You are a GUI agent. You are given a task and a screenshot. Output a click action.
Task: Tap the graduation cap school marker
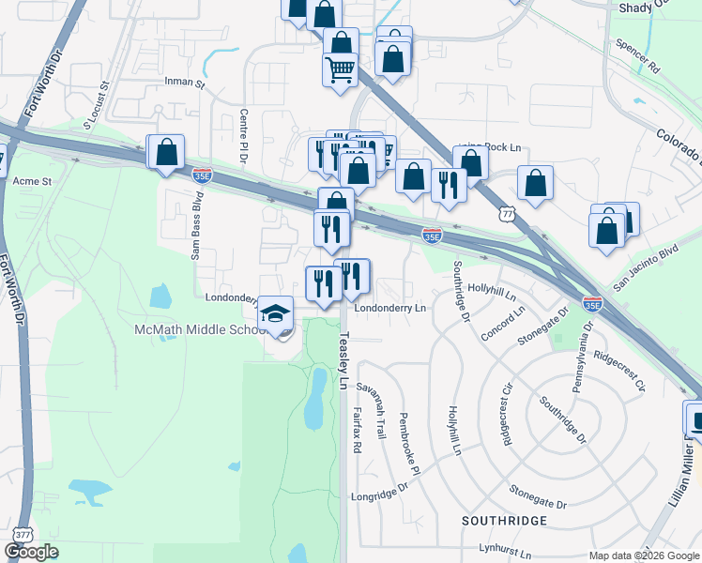coord(275,313)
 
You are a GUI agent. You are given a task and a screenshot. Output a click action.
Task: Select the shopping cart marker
coord(340,69)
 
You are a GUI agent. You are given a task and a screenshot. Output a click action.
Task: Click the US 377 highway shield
coord(15,532)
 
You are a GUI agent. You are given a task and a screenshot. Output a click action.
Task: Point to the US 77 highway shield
coord(508,213)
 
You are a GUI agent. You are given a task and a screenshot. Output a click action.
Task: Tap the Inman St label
coord(185,83)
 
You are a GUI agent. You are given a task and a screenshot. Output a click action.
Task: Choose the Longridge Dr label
coord(380,495)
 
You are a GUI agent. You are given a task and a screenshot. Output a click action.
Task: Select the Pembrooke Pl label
coord(409,442)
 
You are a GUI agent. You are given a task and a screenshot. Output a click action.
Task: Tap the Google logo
coord(32,552)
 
